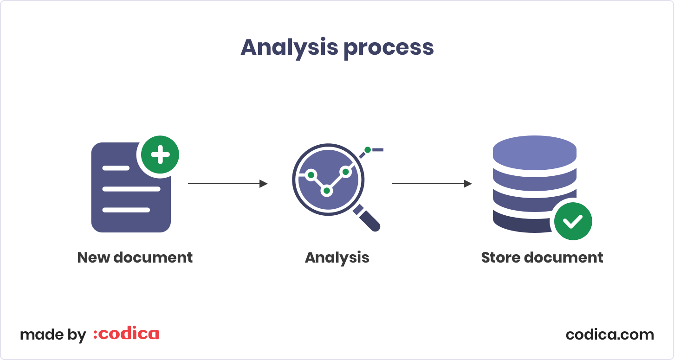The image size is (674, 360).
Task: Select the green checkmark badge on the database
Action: pyautogui.click(x=573, y=221)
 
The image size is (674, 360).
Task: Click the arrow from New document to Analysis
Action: pyautogui.click(x=227, y=184)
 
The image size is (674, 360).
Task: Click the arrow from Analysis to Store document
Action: pyautogui.click(x=432, y=184)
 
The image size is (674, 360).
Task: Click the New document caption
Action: pyautogui.click(x=135, y=257)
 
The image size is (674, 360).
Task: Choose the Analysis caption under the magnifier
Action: pyautogui.click(x=337, y=257)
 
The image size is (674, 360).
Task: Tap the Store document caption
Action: pyautogui.click(x=542, y=257)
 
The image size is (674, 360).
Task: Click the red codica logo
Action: pyautogui.click(x=126, y=334)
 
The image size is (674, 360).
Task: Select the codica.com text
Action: pyautogui.click(x=609, y=334)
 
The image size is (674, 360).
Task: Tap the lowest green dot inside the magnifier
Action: pyautogui.click(x=327, y=191)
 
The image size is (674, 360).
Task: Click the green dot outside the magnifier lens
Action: pyautogui.click(x=368, y=150)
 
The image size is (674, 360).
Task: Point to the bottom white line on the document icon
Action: pyautogui.click(x=126, y=210)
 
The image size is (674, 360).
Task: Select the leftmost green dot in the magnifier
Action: pyautogui.click(x=311, y=175)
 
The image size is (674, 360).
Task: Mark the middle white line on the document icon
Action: pyautogui.click(x=131, y=189)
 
